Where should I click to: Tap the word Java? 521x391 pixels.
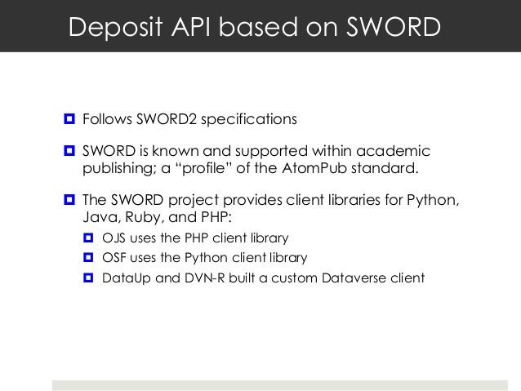click(99, 218)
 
